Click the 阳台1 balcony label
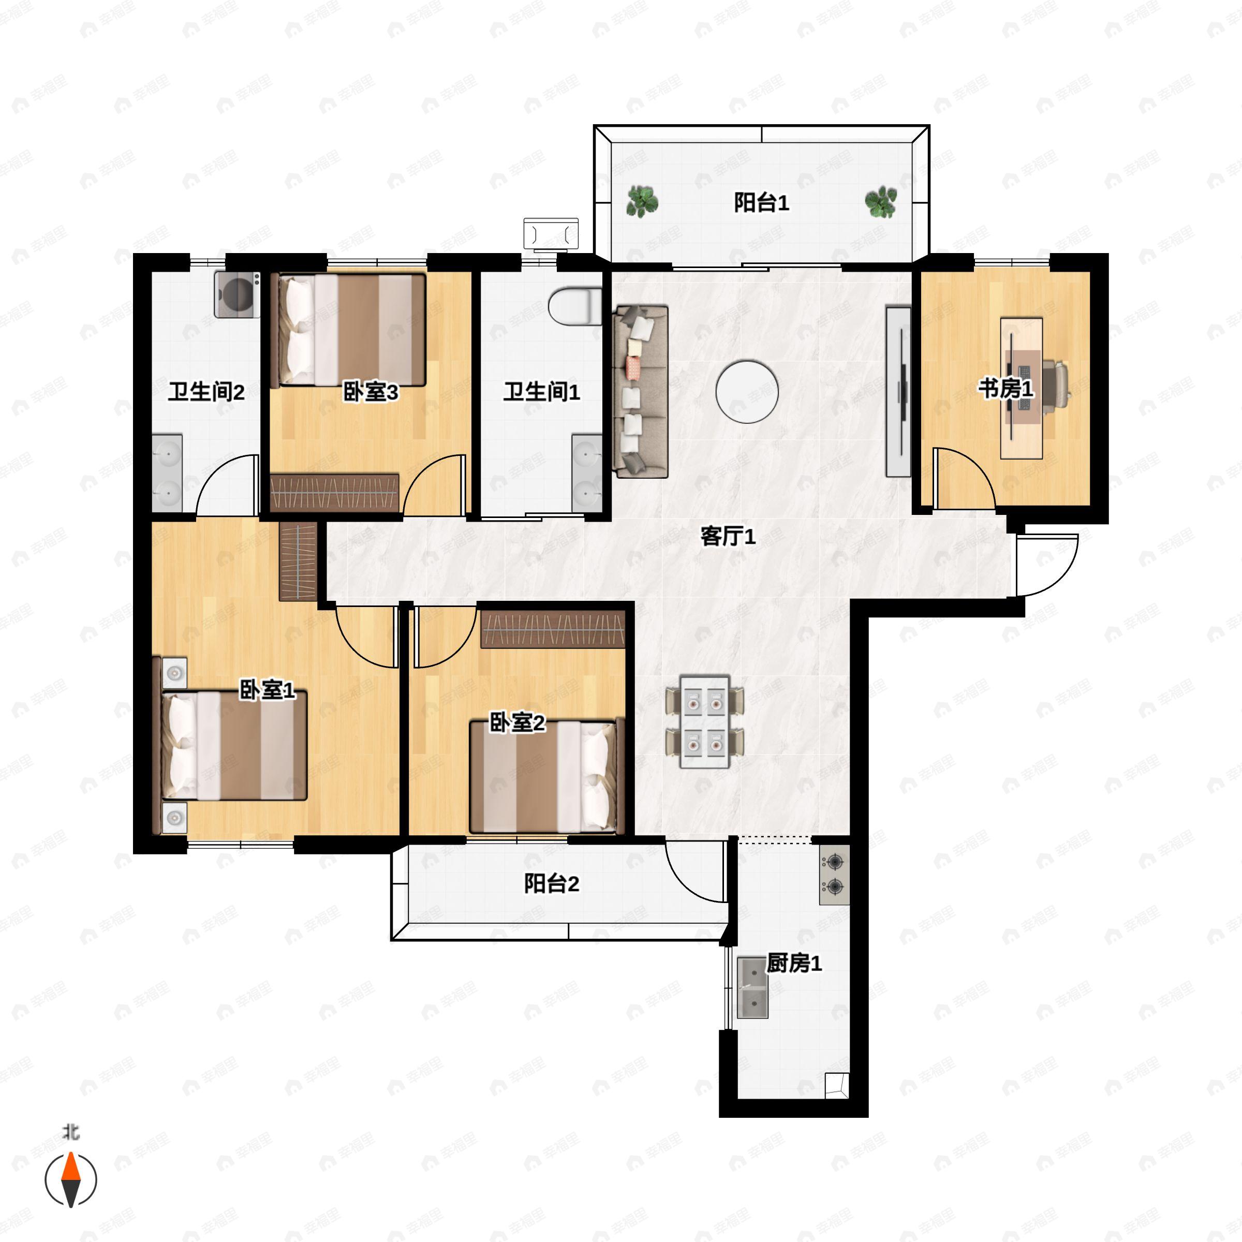pos(761,203)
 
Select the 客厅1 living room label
pos(728,536)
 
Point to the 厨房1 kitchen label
pos(794,963)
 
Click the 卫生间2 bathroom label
pos(206,392)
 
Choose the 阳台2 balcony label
pos(552,883)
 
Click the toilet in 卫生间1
pos(575,305)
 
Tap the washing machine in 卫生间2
pos(237,294)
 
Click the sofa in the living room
pos(641,392)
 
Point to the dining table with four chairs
pos(704,721)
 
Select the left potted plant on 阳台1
pos(642,201)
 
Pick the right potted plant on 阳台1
pos(881,202)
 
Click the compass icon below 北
pos(71,1180)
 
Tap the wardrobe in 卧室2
pos(553,628)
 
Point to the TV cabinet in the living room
pos(898,392)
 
